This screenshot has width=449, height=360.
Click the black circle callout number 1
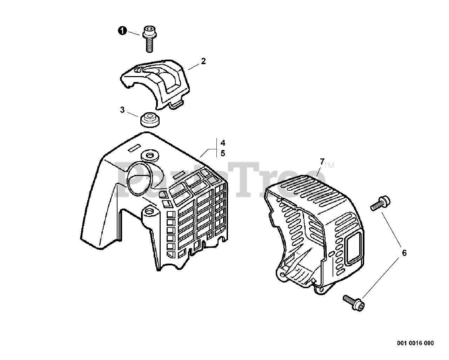tap(121, 31)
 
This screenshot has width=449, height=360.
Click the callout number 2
tap(203, 61)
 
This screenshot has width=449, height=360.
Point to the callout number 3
tap(122, 110)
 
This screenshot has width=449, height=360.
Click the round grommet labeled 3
tap(150, 119)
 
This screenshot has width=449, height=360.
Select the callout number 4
tap(223, 143)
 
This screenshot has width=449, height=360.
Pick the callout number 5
tap(223, 153)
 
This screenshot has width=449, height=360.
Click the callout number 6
tap(404, 252)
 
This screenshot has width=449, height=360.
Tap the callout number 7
tap(322, 162)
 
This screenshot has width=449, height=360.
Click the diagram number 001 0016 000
tap(415, 343)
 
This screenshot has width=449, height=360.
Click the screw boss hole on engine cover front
tap(150, 212)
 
